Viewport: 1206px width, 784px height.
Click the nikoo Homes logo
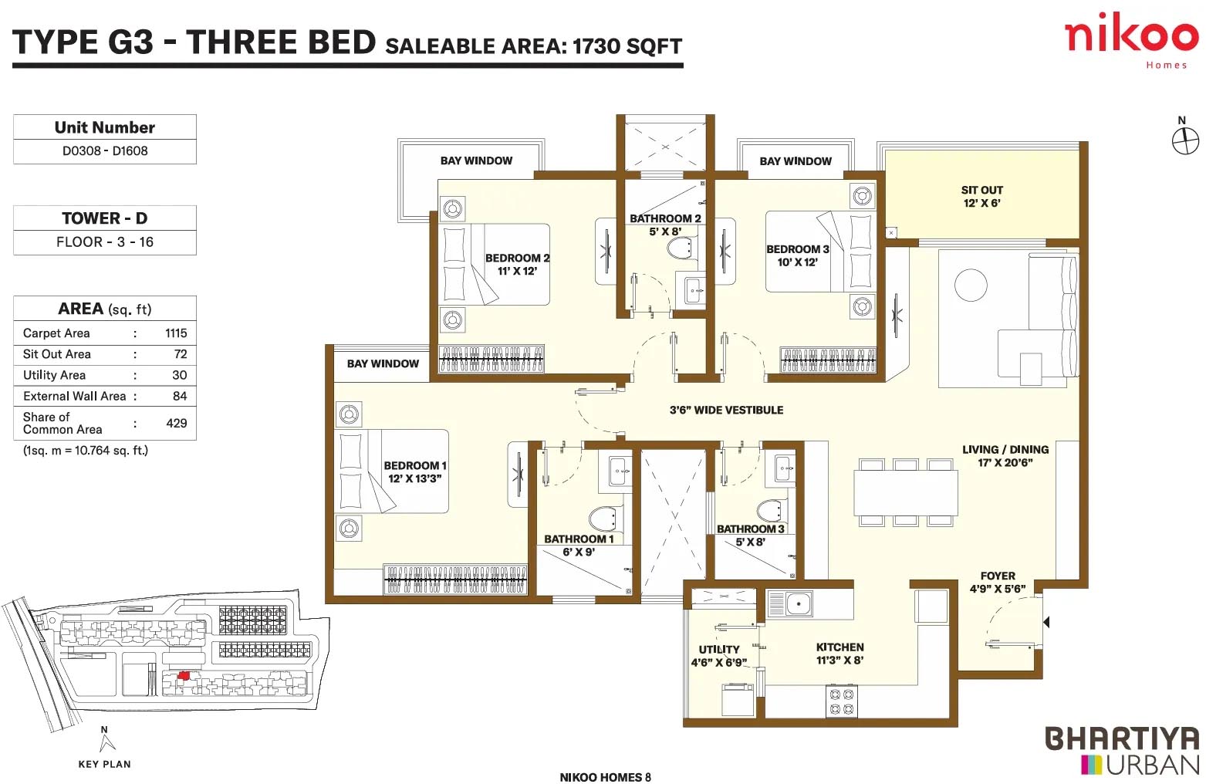point(1131,41)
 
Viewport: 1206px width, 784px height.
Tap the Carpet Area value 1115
point(176,333)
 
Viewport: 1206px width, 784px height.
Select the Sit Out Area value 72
point(181,354)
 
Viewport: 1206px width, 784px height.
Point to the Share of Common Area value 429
point(177,423)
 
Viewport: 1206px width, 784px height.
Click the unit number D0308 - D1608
point(105,150)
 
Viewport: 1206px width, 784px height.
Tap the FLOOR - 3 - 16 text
point(105,242)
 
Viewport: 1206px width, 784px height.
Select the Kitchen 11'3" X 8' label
point(840,654)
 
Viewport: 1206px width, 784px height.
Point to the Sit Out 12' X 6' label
point(982,197)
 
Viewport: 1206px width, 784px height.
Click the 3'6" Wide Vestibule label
point(726,411)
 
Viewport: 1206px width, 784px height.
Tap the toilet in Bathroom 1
point(603,519)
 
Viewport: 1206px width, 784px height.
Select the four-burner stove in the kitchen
point(842,701)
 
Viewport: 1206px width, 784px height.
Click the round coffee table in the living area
point(971,285)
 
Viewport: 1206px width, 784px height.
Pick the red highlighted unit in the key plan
point(184,675)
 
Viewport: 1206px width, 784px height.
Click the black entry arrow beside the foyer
point(1046,622)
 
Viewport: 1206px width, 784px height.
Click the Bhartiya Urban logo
point(1122,751)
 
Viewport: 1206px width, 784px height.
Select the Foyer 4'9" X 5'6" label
point(998,583)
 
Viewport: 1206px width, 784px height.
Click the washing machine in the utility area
point(738,699)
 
